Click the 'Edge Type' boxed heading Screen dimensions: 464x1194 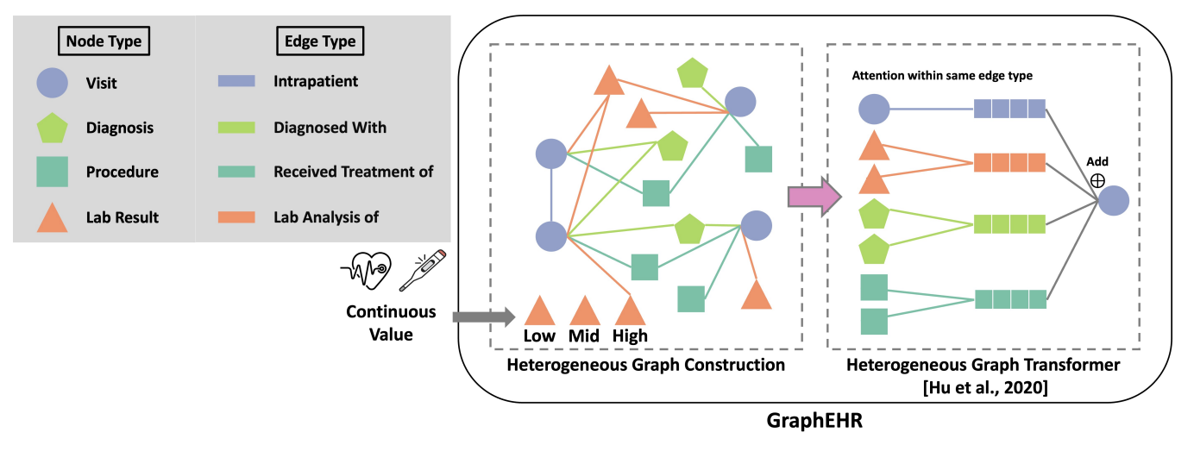320,40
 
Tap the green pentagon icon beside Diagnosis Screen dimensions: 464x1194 53,128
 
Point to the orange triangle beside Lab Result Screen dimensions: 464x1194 53,216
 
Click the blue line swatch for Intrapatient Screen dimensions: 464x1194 236,83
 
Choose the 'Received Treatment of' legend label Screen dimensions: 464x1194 353,172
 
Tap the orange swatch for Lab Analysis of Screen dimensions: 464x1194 236,217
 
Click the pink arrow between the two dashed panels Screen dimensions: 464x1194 814,198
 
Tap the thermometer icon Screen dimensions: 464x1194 421,269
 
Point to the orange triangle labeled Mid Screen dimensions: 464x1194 584,312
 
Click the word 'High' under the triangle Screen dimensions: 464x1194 630,336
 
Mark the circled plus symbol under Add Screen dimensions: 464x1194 1097,179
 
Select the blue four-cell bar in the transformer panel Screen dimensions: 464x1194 1009,109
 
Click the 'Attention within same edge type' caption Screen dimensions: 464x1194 942,76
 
